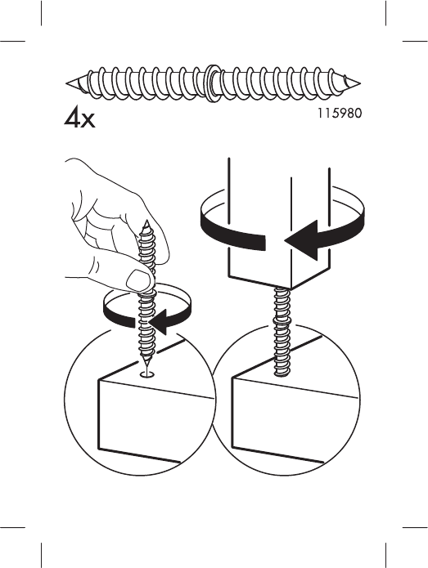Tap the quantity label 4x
(x=80, y=119)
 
